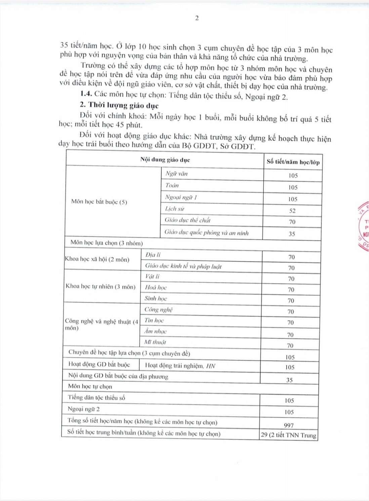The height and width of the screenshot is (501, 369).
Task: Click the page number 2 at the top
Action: tap(197, 18)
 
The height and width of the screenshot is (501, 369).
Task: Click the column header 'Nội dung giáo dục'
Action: tap(165, 160)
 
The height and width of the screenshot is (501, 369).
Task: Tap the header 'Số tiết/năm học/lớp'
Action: tap(293, 162)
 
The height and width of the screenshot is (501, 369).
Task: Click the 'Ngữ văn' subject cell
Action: tap(177, 174)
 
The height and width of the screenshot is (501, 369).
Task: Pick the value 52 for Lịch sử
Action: tap(292, 211)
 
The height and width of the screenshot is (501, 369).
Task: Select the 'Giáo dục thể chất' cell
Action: tap(188, 220)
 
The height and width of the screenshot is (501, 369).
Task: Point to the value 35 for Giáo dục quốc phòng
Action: tap(292, 234)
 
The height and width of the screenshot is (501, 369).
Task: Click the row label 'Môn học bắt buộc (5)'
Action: tap(99, 202)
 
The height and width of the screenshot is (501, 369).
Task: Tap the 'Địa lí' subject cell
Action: tap(153, 255)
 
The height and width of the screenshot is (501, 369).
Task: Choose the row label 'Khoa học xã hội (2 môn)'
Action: tap(97, 259)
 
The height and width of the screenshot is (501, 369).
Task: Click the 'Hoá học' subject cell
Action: tap(156, 287)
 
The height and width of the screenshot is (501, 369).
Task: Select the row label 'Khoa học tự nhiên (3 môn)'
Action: tap(100, 286)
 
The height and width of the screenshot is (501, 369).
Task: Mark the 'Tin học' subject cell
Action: tap(154, 320)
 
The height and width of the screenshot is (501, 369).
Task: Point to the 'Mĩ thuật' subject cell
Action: tap(155, 342)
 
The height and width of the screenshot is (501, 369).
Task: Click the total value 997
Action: tap(289, 425)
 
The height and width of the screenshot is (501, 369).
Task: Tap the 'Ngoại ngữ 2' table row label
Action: tap(84, 409)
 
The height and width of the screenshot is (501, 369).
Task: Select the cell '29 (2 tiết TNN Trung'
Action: tap(289, 435)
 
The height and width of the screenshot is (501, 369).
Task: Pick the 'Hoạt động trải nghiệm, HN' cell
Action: tap(180, 366)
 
